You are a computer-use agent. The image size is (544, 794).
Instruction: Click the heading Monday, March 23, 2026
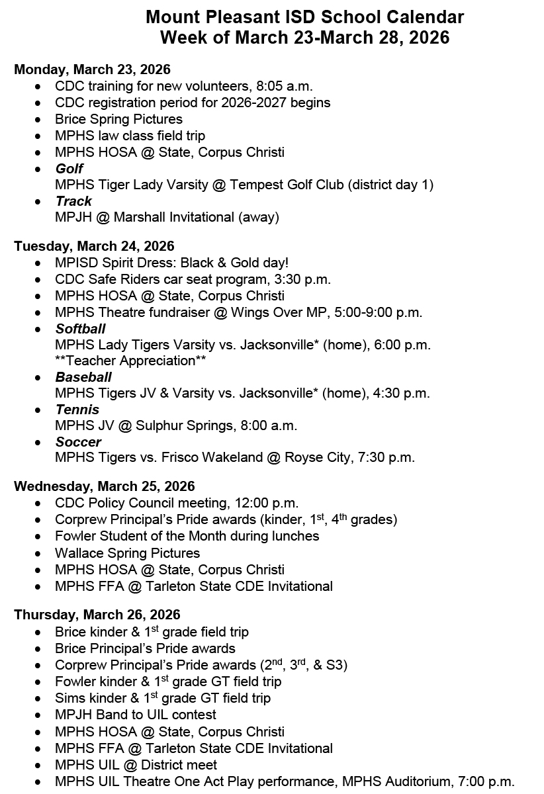[92, 69]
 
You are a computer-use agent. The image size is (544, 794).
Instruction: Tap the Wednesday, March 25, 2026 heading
[104, 486]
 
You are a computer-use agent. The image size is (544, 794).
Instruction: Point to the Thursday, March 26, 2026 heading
[97, 615]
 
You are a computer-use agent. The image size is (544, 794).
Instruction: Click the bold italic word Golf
[69, 169]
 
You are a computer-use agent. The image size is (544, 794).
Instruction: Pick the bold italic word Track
[73, 201]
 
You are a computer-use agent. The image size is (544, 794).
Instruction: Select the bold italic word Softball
[80, 329]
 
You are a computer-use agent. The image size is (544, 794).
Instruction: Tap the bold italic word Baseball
[83, 377]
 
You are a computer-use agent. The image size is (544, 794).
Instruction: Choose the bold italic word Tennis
[77, 410]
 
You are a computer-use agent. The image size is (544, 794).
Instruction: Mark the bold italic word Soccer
[78, 442]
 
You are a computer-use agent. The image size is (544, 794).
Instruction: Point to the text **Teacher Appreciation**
[131, 361]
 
